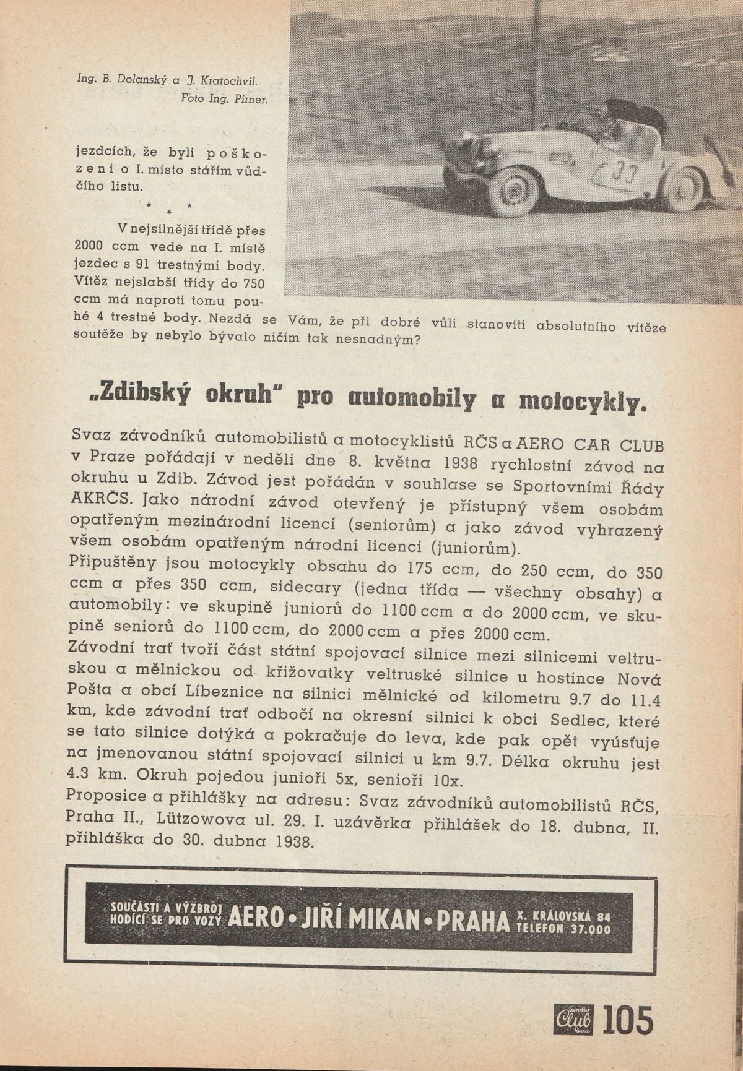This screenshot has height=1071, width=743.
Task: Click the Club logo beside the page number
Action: pyautogui.click(x=574, y=1019)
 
